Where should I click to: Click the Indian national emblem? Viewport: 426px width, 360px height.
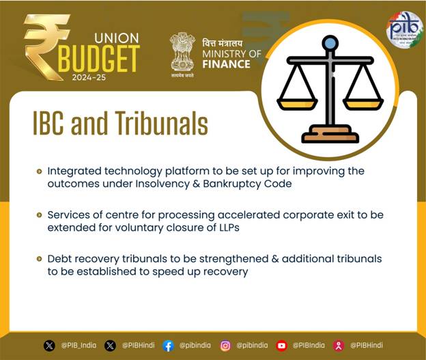point(182,52)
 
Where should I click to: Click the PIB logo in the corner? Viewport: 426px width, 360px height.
point(405,29)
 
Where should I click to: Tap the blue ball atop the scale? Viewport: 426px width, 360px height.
point(330,43)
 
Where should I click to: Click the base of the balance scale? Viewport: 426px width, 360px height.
point(330,134)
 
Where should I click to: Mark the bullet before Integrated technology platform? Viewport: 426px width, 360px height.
point(40,171)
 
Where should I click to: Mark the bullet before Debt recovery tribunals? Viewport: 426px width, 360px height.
point(40,259)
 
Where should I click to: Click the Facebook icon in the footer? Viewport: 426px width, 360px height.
point(168,346)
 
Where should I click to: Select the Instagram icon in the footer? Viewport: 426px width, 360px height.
point(225,346)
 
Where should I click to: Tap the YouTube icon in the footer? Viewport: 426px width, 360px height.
point(281,346)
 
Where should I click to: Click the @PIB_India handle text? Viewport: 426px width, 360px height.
point(79,346)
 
